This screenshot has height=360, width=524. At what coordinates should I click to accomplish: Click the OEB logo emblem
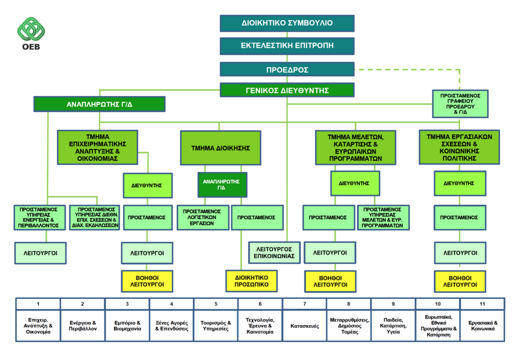pos(31,29)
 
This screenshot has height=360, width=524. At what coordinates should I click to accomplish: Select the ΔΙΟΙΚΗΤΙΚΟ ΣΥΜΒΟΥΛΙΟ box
pos(287,23)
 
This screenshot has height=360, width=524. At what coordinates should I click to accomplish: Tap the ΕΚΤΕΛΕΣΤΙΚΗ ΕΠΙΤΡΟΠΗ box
pos(287,46)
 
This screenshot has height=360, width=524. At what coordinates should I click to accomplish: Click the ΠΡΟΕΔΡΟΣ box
pos(287,70)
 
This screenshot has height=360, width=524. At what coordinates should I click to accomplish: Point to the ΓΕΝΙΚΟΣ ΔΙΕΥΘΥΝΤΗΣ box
pos(287,90)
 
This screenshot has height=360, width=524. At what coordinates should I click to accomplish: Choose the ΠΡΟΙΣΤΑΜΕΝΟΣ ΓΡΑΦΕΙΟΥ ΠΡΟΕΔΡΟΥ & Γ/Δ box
pos(460,104)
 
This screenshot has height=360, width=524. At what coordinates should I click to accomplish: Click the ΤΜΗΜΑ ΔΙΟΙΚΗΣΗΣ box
pos(221,148)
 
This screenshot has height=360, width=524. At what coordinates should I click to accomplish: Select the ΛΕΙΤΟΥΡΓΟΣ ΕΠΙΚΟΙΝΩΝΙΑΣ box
pos(274,252)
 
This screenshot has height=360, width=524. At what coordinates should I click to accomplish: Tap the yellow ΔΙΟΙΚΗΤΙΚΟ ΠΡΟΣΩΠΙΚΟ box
pos(252,281)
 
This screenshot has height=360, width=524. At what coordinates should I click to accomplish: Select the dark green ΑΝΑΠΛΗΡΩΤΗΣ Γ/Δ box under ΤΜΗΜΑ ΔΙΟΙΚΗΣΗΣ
pos(222,185)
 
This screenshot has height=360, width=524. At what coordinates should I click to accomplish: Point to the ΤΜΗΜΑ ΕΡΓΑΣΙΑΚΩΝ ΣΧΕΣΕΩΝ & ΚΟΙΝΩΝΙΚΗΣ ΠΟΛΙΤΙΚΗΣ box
pos(460,147)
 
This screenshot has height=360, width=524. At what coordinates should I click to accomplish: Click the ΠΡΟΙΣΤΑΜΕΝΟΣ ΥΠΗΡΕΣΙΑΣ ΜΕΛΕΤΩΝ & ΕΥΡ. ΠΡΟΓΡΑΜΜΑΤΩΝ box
pos(383,218)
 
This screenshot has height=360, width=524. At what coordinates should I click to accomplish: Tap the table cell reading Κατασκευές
pos(304,326)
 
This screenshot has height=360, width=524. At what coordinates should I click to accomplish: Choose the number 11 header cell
pos(483,304)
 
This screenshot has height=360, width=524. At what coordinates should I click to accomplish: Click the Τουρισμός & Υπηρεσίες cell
pos(216,326)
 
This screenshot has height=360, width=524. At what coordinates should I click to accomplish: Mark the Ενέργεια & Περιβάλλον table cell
pos(82,326)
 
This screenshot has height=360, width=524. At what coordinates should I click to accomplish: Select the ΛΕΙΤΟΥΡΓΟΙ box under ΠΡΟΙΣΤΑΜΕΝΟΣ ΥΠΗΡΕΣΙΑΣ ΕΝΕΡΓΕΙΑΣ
pos(40,253)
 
